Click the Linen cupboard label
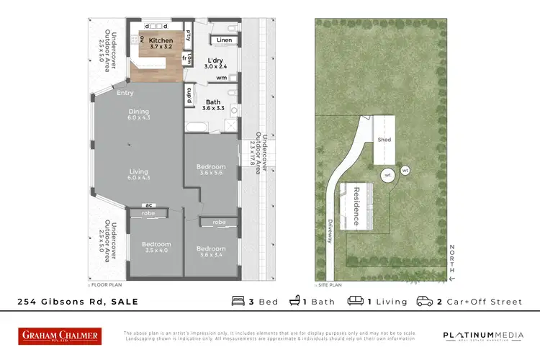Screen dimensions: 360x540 (225, 39)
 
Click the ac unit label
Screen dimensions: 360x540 (148, 204)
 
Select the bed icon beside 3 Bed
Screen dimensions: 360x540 (239, 301)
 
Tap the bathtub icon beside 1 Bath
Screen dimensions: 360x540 (295, 301)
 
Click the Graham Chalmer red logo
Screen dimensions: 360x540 (60, 336)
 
